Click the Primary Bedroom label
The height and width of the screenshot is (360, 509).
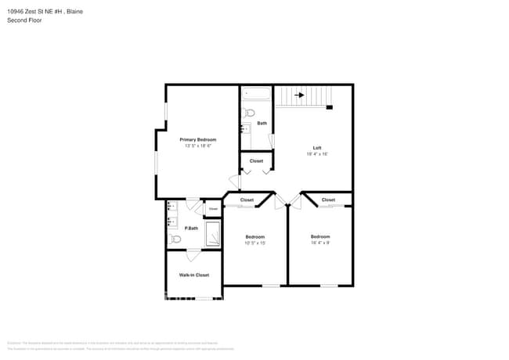click(x=197, y=139)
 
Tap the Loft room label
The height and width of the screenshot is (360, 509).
click(x=316, y=148)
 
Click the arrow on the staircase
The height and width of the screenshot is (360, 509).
click(x=298, y=95)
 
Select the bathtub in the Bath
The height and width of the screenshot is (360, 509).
click(x=255, y=94)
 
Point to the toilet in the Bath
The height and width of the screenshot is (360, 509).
click(x=249, y=113)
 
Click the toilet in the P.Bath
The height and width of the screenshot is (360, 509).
click(x=175, y=239)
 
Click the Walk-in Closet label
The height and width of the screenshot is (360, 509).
click(x=193, y=275)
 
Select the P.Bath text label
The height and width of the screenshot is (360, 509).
click(x=179, y=228)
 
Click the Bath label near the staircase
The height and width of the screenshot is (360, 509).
click(x=262, y=123)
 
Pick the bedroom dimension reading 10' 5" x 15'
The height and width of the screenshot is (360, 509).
click(x=254, y=243)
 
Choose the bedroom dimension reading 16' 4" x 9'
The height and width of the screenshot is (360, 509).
click(x=319, y=243)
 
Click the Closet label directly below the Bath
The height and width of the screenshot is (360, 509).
click(x=256, y=160)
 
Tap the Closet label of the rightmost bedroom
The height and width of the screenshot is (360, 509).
click(x=328, y=200)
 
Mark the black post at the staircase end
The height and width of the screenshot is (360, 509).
click(x=330, y=107)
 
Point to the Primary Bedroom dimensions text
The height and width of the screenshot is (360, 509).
click(x=197, y=146)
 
